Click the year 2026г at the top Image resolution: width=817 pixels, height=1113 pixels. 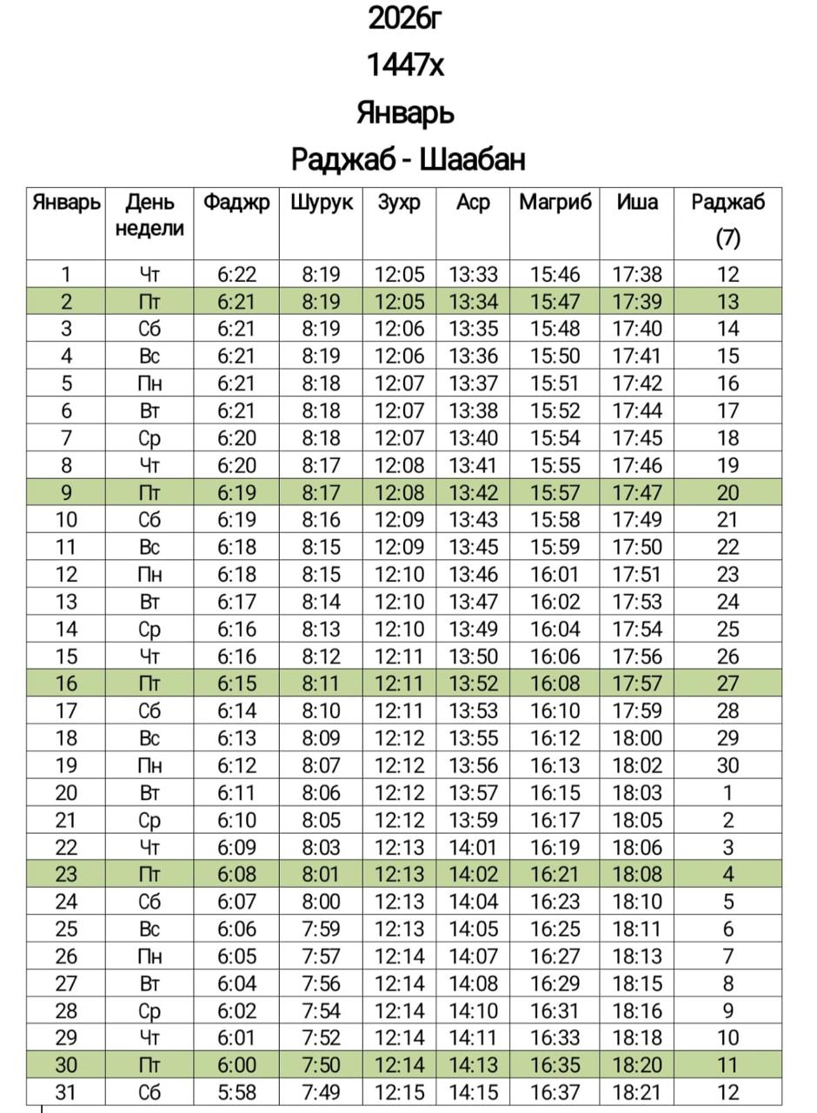pyautogui.click(x=406, y=18)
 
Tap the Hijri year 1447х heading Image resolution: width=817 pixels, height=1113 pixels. pyautogui.click(x=405, y=65)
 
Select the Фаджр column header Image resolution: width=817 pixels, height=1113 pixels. pyautogui.click(x=236, y=203)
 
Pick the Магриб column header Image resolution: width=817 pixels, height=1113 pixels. pyautogui.click(x=555, y=203)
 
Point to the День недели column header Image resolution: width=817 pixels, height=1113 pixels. pyautogui.click(x=149, y=216)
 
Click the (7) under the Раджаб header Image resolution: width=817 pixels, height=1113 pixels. pyautogui.click(x=727, y=237)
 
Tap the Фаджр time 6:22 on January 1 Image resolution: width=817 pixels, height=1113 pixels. pyautogui.click(x=236, y=275)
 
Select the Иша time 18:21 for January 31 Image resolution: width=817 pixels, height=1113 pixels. pyautogui.click(x=637, y=1092)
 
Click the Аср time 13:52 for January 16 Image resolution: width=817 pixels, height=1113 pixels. pyautogui.click(x=473, y=683)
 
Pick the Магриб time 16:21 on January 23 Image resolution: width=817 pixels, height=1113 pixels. pyautogui.click(x=555, y=874)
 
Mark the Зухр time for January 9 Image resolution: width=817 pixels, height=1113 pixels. pyautogui.click(x=400, y=493)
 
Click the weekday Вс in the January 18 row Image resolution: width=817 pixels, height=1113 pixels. pyautogui.click(x=149, y=738)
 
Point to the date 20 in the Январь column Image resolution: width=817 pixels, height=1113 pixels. pyautogui.click(x=66, y=793)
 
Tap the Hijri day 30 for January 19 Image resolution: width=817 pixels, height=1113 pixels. pyautogui.click(x=727, y=765)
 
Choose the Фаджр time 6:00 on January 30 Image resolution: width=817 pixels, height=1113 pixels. pyautogui.click(x=236, y=1065)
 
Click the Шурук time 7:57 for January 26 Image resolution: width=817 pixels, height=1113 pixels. pyautogui.click(x=321, y=956)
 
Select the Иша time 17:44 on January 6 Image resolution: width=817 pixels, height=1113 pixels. pyautogui.click(x=637, y=410)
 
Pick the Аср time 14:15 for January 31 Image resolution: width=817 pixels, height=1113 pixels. pyautogui.click(x=473, y=1092)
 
